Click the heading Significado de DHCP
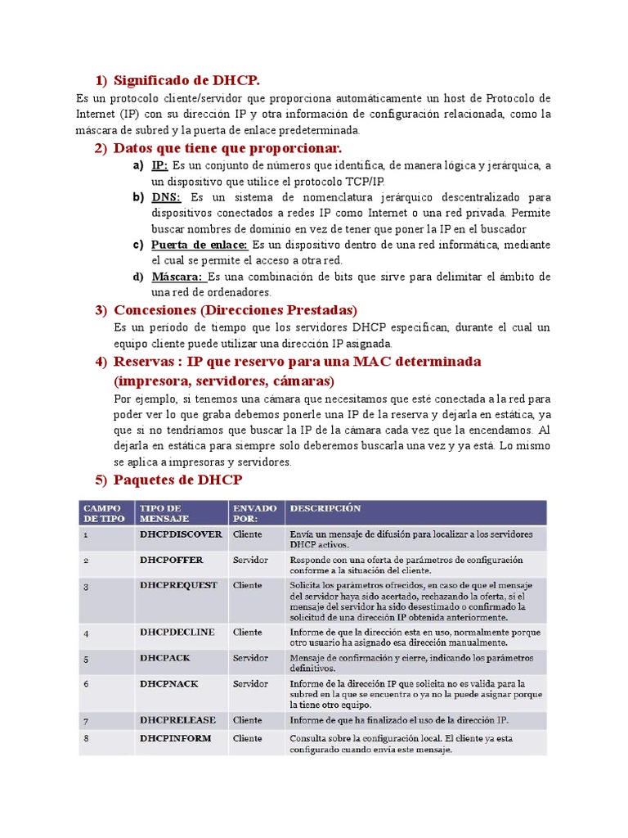click(x=186, y=80)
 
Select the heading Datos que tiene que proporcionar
click(x=227, y=147)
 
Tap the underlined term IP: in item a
click(x=159, y=165)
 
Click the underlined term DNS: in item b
click(x=165, y=197)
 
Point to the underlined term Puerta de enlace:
click(x=200, y=245)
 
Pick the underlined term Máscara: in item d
click(x=178, y=277)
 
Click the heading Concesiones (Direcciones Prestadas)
click(x=235, y=310)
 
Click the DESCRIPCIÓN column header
click(x=325, y=508)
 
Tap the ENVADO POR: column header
click(x=254, y=513)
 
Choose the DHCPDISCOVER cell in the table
click(x=181, y=534)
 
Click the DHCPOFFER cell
click(x=171, y=560)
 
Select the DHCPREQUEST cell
click(x=178, y=585)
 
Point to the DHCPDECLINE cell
click(x=177, y=632)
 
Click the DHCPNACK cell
click(x=169, y=683)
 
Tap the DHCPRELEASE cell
click(x=177, y=720)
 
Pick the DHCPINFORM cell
click(x=175, y=738)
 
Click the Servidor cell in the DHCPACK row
click(x=250, y=658)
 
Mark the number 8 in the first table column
click(x=86, y=739)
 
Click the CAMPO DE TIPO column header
click(x=104, y=513)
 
